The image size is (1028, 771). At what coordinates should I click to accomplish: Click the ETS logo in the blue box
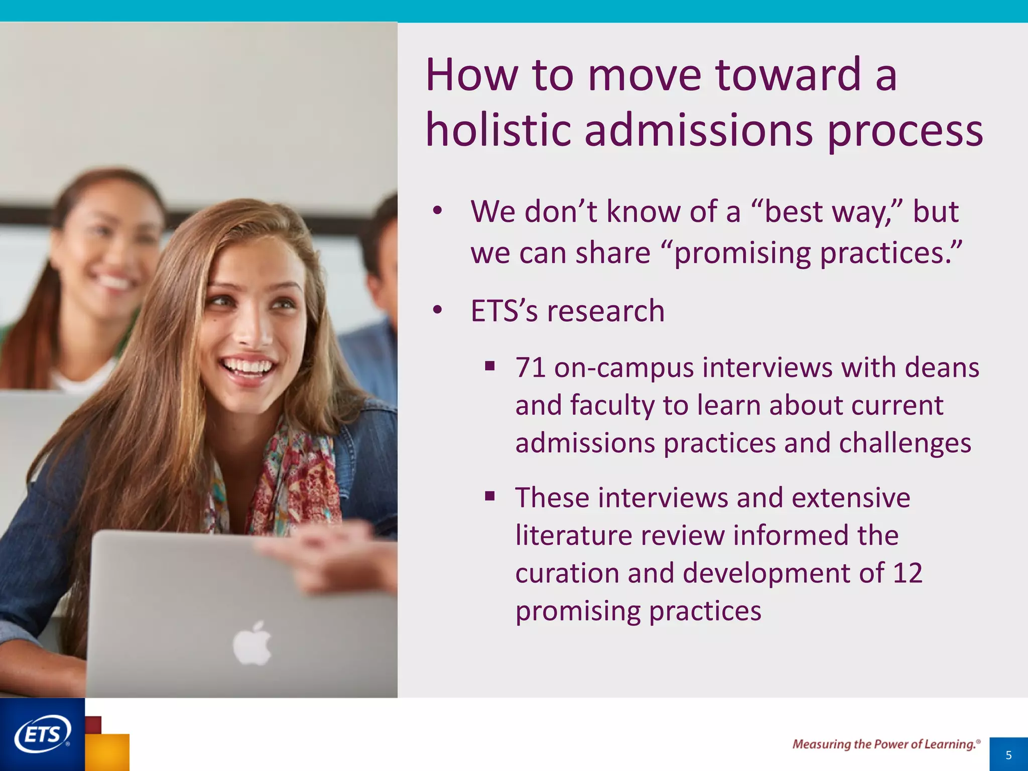point(42,735)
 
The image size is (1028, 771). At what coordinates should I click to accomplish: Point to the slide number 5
point(1008,755)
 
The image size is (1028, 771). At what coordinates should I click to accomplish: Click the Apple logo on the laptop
point(252,644)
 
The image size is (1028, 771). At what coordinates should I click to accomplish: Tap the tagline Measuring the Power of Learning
point(885,744)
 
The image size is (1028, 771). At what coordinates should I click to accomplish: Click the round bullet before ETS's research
point(438,311)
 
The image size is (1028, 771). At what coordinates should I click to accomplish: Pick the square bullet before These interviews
point(490,497)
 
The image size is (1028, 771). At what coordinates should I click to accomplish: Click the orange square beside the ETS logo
point(108,752)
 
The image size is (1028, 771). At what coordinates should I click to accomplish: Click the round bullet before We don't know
point(438,211)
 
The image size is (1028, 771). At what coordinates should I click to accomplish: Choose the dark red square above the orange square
point(94,724)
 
